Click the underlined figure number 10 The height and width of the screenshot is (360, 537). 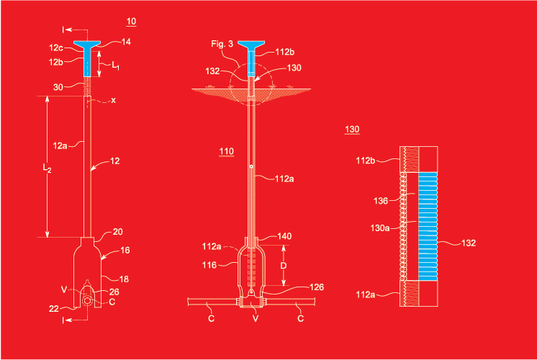(131, 22)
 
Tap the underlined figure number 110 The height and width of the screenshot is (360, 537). (226, 151)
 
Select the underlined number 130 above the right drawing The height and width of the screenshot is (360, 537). (352, 130)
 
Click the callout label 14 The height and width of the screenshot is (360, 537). (126, 42)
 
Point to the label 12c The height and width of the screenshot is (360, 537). (56, 48)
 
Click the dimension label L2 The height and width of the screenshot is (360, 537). (47, 168)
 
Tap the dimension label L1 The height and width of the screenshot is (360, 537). (115, 66)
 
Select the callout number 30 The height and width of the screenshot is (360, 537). (58, 87)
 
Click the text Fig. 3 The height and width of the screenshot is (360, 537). (222, 44)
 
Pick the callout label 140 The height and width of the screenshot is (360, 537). (284, 236)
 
